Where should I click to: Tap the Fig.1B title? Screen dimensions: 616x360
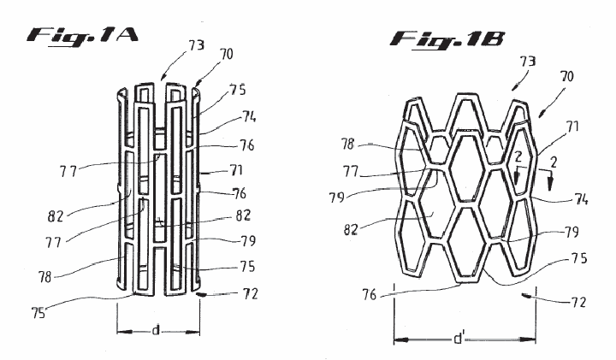(x=447, y=40)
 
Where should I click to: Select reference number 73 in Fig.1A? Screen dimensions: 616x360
(x=197, y=46)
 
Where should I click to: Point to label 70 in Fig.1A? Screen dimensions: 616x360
(x=226, y=54)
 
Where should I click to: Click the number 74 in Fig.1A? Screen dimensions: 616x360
(x=248, y=116)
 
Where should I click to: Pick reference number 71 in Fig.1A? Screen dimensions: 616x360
(x=236, y=170)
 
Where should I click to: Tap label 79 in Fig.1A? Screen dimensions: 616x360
(x=248, y=240)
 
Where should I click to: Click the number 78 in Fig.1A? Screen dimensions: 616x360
(x=44, y=277)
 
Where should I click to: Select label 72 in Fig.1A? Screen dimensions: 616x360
(x=250, y=294)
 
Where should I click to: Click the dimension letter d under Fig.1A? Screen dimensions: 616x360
(x=156, y=331)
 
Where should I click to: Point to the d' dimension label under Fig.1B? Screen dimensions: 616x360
(x=459, y=338)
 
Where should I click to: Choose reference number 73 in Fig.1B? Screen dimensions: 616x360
(x=528, y=62)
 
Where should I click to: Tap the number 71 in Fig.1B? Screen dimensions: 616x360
(x=572, y=127)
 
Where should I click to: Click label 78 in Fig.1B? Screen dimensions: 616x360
(x=347, y=145)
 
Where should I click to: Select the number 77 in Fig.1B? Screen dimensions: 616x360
(x=351, y=172)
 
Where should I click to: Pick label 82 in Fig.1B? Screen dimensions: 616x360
(x=351, y=230)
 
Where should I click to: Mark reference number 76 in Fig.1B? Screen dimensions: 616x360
(x=370, y=295)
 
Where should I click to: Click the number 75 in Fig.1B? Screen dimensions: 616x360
(x=579, y=258)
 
